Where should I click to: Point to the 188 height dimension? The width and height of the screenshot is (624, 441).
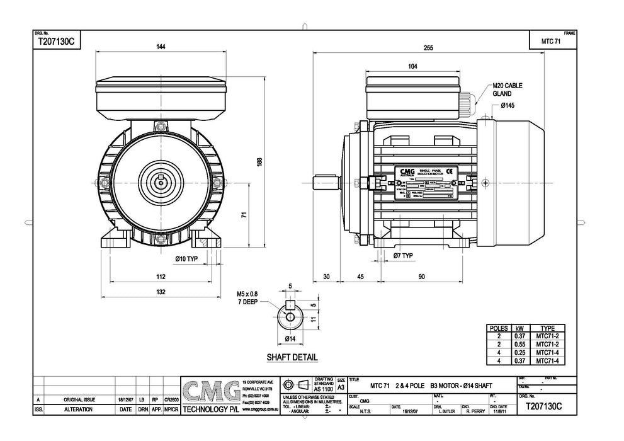click(x=259, y=162)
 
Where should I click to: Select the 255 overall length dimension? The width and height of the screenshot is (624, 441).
click(x=429, y=47)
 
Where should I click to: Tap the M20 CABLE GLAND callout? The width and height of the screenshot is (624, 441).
click(x=507, y=89)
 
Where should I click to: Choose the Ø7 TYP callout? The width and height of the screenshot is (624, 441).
click(x=403, y=256)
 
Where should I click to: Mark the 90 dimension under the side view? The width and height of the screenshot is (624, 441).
click(x=421, y=277)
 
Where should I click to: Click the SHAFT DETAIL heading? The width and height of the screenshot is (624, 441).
click(x=292, y=357)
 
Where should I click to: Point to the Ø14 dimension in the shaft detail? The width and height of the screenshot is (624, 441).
click(x=290, y=339)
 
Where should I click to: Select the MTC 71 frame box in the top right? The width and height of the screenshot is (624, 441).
click(x=551, y=41)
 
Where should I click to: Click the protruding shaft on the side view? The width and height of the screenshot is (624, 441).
click(x=325, y=182)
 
